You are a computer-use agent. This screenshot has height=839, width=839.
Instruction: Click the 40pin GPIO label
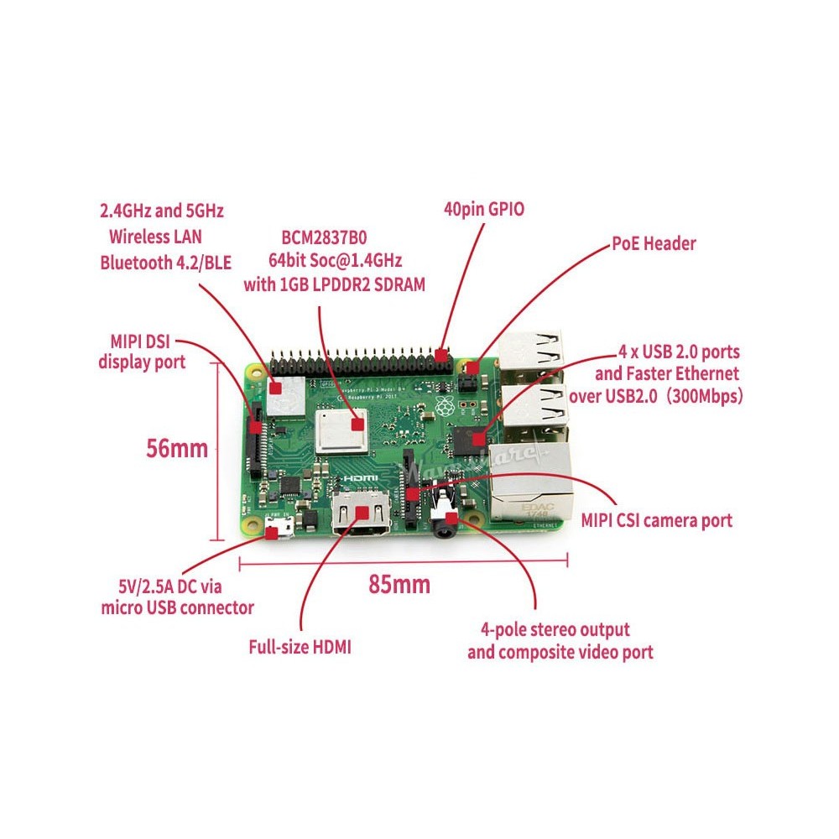pyautogui.click(x=483, y=209)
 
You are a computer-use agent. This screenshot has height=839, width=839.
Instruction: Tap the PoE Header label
pyautogui.click(x=654, y=244)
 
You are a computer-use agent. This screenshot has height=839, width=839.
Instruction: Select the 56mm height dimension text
pyautogui.click(x=177, y=448)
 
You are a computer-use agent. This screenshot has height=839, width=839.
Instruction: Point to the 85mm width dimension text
pyautogui.click(x=399, y=584)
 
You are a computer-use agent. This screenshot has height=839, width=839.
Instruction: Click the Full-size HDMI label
pyautogui.click(x=300, y=647)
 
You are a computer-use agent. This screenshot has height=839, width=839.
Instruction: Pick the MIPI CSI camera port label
pyautogui.click(x=657, y=520)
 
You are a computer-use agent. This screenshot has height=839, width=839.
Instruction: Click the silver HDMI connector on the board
pyautogui.click(x=362, y=515)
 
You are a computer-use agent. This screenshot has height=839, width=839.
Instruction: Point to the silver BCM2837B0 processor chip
pyautogui.click(x=341, y=430)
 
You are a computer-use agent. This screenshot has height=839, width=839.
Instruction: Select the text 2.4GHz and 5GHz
pyautogui.click(x=162, y=209)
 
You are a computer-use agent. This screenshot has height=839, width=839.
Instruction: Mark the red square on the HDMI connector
pyautogui.click(x=362, y=510)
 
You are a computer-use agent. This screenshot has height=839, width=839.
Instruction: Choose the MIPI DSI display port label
pyautogui.click(x=142, y=352)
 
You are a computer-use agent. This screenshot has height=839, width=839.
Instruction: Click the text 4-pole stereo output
pyautogui.click(x=555, y=629)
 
